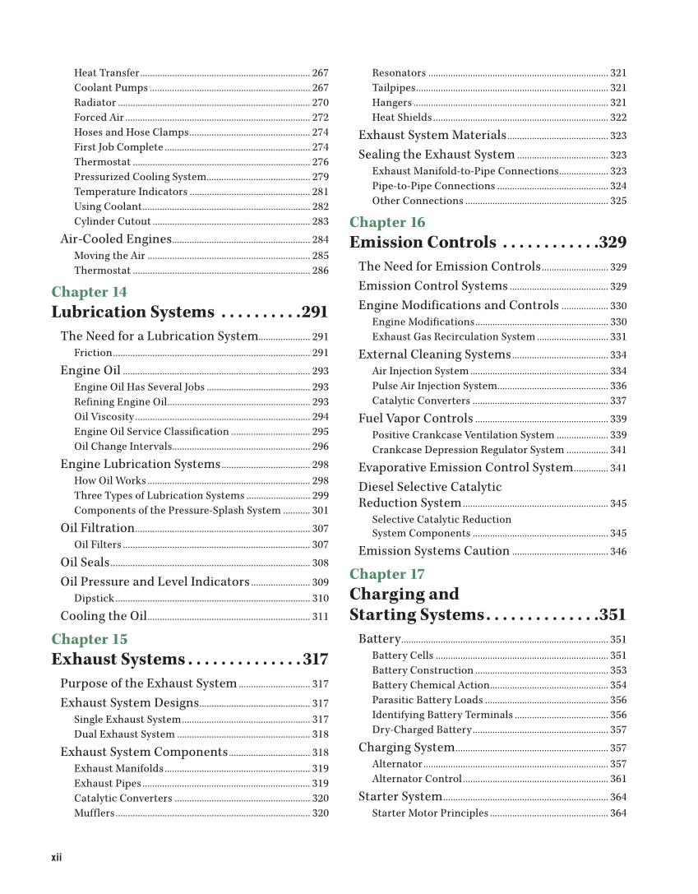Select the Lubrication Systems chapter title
click(x=132, y=313)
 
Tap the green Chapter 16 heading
click(x=387, y=222)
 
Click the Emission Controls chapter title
click(x=423, y=243)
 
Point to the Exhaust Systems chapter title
click(x=118, y=660)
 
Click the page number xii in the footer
click(x=57, y=858)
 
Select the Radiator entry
click(x=95, y=103)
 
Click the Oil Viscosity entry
click(x=104, y=417)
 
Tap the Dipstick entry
click(x=94, y=599)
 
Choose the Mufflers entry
click(x=94, y=813)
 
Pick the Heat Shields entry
click(x=401, y=118)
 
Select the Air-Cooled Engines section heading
click(x=116, y=239)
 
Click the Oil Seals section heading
click(x=85, y=563)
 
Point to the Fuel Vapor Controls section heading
click(x=415, y=419)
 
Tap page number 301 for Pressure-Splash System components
click(x=320, y=511)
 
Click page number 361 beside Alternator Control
click(x=618, y=779)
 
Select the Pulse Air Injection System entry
click(x=434, y=386)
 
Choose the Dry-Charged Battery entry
click(x=421, y=730)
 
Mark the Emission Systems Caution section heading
click(x=433, y=551)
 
